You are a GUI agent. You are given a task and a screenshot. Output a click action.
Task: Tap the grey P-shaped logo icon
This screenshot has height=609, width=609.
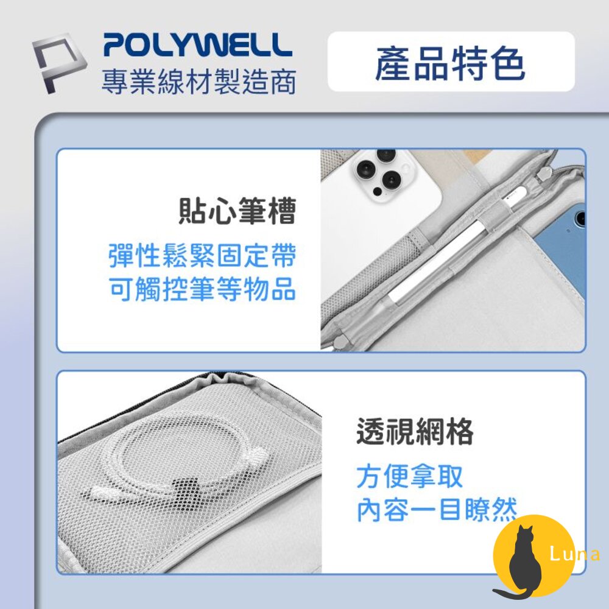pyautogui.click(x=58, y=62)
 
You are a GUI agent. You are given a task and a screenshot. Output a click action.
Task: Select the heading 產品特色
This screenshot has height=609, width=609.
pyautogui.click(x=451, y=63)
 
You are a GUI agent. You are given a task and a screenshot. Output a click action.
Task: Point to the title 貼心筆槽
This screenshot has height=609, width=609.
pyautogui.click(x=238, y=211)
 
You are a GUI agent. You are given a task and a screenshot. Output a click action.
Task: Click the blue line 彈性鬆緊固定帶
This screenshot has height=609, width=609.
pyautogui.click(x=202, y=256)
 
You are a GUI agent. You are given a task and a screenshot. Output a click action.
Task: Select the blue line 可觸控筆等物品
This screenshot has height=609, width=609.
pyautogui.click(x=202, y=289)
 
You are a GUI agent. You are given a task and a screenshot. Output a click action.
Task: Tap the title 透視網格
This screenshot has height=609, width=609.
pyautogui.click(x=415, y=431)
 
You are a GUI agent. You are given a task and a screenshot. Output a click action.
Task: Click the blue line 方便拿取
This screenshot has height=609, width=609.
pyautogui.click(x=410, y=477)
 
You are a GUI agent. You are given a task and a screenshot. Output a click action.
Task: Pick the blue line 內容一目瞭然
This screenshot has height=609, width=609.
pyautogui.click(x=437, y=510)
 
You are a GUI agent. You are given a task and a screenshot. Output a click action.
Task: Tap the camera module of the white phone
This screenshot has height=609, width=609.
pyautogui.click(x=382, y=173)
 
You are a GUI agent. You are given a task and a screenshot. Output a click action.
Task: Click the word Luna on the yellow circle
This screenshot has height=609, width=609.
pyautogui.click(x=575, y=554)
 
